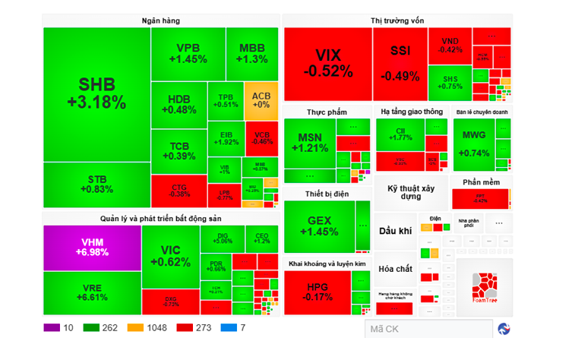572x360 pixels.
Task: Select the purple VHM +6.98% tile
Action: coord(93,248)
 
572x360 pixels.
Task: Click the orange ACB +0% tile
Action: coord(261,99)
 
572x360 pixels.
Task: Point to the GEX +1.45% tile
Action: coord(318,226)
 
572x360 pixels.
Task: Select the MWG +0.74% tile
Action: coord(475,144)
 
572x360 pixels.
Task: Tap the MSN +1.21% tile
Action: coord(309,142)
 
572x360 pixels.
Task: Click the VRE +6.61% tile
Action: coord(93,292)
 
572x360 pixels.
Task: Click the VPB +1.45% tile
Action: coord(187,53)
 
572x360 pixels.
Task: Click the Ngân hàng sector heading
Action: coord(161,21)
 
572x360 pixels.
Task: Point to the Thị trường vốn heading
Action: coord(397,21)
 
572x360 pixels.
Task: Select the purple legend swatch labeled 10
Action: coord(52,328)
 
